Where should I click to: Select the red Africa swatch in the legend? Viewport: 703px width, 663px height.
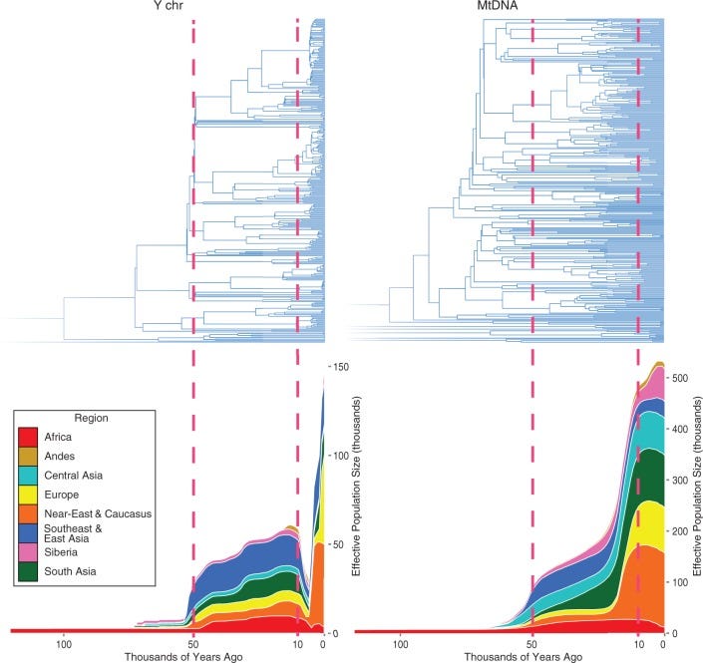(x=35, y=437)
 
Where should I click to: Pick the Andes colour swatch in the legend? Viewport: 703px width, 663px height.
(x=35, y=457)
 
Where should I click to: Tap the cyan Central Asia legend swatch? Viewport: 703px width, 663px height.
(x=35, y=477)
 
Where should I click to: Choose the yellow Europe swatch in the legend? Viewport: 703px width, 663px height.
(x=35, y=496)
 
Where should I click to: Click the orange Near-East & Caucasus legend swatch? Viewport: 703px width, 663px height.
(x=35, y=515)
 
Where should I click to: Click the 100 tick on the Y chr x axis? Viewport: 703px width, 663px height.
(x=65, y=645)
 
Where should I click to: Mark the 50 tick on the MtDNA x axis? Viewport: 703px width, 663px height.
(x=532, y=645)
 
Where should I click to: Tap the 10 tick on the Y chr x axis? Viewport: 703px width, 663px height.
(x=297, y=645)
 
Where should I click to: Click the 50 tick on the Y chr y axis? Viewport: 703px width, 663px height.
(x=340, y=544)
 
